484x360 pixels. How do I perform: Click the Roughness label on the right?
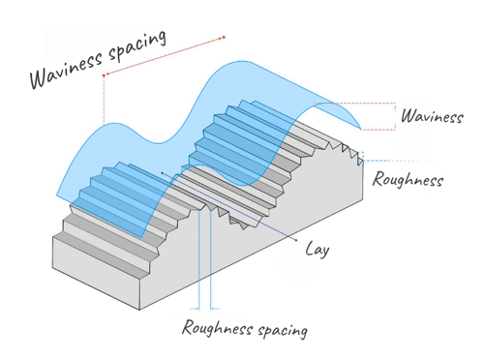pos(408,179)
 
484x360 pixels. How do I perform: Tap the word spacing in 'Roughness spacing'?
pos(282,331)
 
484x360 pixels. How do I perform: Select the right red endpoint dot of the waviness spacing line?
pos(224,38)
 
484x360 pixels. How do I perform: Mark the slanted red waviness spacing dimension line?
pos(165,55)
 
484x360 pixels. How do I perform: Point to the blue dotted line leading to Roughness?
pos(373,161)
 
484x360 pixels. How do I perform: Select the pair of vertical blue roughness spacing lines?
pos(201,261)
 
